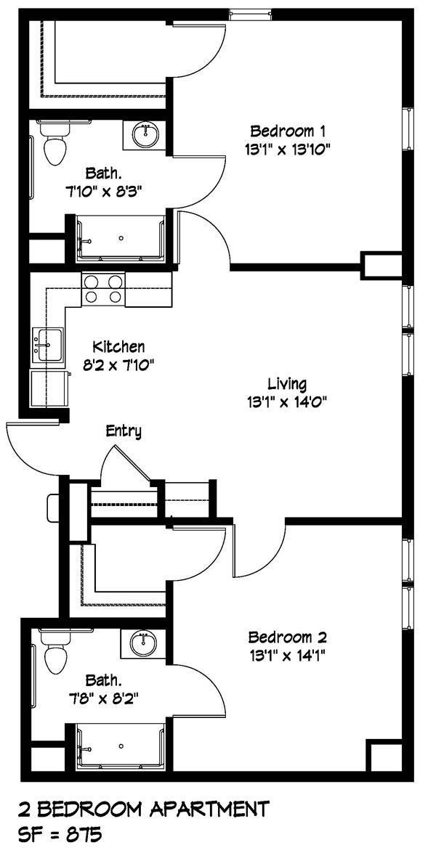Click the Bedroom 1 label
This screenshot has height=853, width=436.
click(x=287, y=131)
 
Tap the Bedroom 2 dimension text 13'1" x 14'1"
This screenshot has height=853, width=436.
click(x=287, y=656)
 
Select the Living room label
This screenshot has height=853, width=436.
click(x=286, y=383)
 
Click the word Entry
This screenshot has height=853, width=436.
click(x=124, y=431)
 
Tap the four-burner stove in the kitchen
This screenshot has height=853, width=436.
click(x=102, y=289)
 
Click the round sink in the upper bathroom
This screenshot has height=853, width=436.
click(x=146, y=134)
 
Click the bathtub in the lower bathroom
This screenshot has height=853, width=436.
click(x=121, y=746)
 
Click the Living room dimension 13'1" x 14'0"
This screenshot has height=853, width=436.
click(x=286, y=401)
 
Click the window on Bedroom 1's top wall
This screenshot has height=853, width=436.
click(x=251, y=12)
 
